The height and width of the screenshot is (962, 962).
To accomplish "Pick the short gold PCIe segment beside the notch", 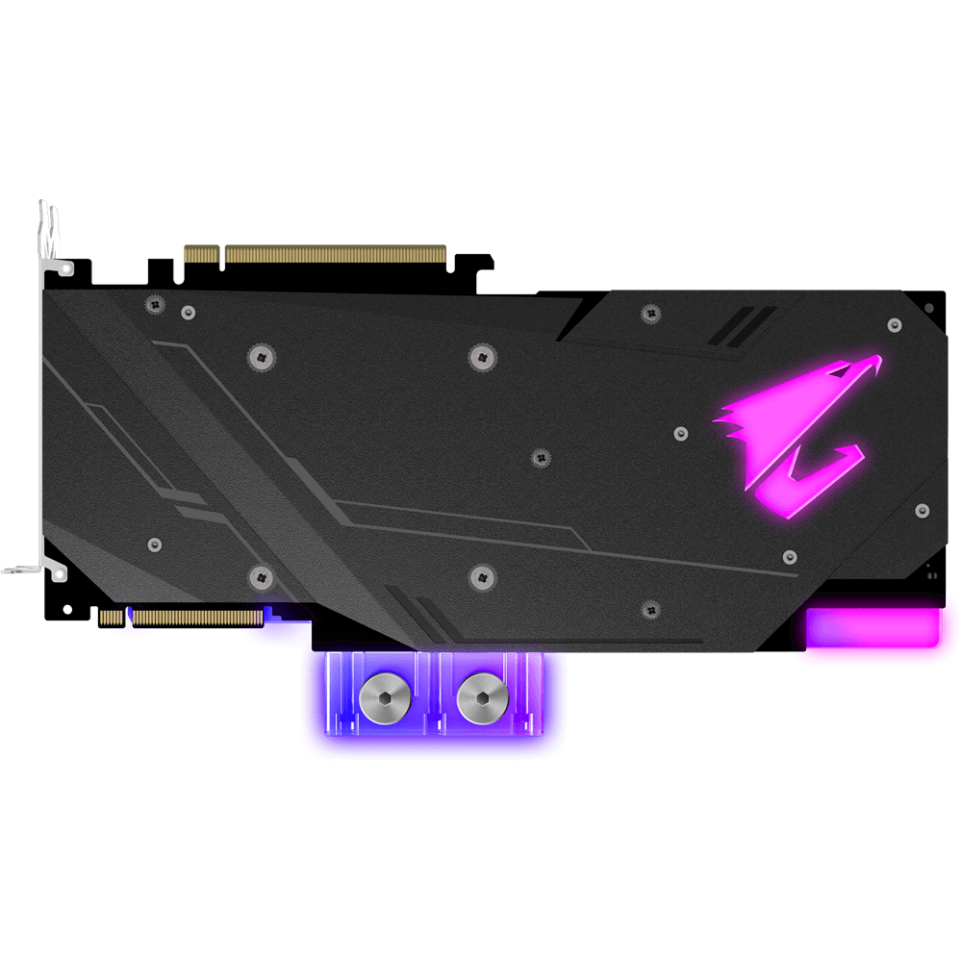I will pos(202,255).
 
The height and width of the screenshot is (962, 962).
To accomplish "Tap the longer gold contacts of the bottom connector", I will pos(196,617).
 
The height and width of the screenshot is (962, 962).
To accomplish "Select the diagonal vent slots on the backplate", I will pos(741,325).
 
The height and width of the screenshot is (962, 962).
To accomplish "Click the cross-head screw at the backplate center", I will pos(541,456).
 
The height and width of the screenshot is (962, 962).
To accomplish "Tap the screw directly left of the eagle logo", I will pos(681,433).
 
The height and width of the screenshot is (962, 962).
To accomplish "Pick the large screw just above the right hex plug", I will pos(483,577).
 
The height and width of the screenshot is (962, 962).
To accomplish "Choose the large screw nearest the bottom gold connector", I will pos(261,577).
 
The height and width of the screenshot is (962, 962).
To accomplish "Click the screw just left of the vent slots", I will pos(650,313).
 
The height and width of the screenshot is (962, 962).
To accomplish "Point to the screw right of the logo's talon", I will pos(922,510).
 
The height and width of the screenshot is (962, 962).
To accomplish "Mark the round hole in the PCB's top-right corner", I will pos(928,309).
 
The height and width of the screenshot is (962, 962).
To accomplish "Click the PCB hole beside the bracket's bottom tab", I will pos(66,609).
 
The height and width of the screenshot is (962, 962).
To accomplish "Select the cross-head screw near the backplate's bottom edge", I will pos(650,609).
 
